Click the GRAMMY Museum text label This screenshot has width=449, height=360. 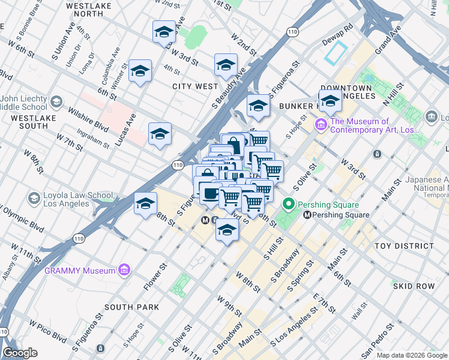(x=79, y=271)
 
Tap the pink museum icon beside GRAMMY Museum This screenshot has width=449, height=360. (x=124, y=271)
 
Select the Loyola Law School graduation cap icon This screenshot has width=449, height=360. (x=34, y=198)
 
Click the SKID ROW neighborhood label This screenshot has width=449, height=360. (x=414, y=286)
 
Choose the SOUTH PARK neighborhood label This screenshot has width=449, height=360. (x=131, y=307)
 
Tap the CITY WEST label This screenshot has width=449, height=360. (x=195, y=86)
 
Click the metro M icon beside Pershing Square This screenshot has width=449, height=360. (x=308, y=215)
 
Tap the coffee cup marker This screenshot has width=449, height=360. (x=210, y=194)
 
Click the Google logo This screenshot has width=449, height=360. (x=20, y=353)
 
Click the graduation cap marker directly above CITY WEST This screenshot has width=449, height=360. (x=226, y=65)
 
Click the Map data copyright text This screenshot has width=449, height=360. (x=412, y=355)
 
